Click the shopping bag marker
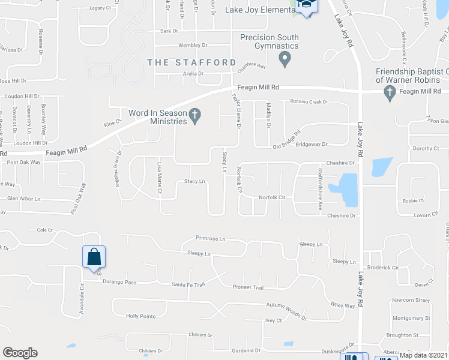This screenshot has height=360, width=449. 94,257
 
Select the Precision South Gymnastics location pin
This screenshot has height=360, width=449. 285,58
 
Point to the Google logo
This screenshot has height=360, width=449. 20,353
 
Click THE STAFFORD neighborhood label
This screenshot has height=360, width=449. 192,62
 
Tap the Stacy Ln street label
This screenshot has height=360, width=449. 194,181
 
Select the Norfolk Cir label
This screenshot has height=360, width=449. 271,197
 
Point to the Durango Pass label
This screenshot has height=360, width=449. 119,281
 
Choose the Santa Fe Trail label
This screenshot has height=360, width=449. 188,284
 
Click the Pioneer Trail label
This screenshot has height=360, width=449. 249,287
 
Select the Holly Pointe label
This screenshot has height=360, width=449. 141,316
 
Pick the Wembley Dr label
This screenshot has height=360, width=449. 192,45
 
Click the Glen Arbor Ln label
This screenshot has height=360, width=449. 23,199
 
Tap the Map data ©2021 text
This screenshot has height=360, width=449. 424,355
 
